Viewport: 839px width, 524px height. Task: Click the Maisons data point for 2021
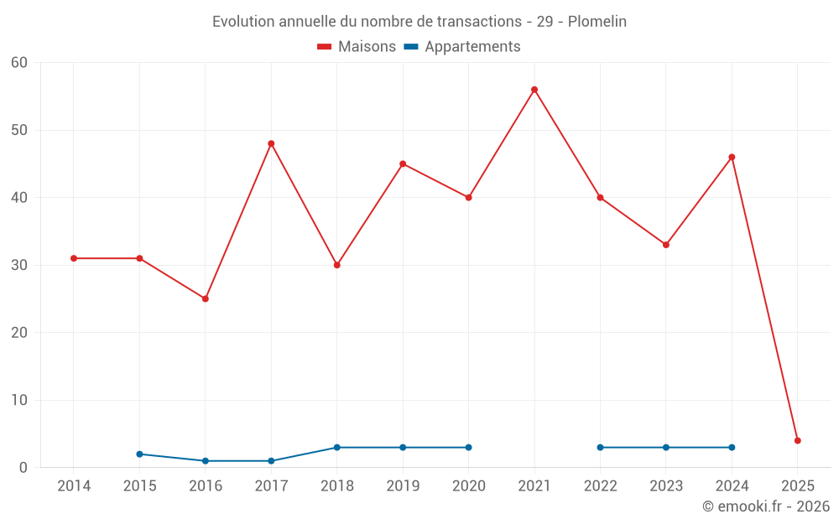pyautogui.click(x=534, y=90)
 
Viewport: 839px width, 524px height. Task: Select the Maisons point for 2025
pyautogui.click(x=798, y=440)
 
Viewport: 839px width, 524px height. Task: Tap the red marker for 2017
pyautogui.click(x=271, y=143)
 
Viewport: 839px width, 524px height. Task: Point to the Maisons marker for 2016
pyautogui.click(x=206, y=298)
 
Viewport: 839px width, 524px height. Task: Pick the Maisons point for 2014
pyautogui.click(x=74, y=258)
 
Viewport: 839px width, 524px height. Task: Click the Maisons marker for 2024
pyautogui.click(x=732, y=157)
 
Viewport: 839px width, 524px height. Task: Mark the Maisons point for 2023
pyautogui.click(x=666, y=245)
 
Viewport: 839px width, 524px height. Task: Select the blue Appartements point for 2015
pyautogui.click(x=139, y=454)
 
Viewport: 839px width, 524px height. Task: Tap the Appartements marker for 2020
pyautogui.click(x=468, y=447)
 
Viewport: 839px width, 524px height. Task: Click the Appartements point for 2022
pyautogui.click(x=600, y=447)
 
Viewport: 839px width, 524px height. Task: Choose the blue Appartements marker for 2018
pyautogui.click(x=337, y=447)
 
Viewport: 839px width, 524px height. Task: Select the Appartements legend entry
pyautogui.click(x=462, y=47)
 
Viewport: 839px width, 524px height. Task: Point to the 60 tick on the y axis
pyautogui.click(x=19, y=63)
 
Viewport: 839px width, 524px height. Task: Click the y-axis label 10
pyautogui.click(x=19, y=400)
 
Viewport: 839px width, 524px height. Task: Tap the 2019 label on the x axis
pyautogui.click(x=403, y=485)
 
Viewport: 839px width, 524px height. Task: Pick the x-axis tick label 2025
pyautogui.click(x=798, y=485)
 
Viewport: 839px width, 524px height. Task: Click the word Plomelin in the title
pyautogui.click(x=597, y=21)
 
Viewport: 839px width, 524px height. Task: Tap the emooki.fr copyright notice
pyautogui.click(x=765, y=506)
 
